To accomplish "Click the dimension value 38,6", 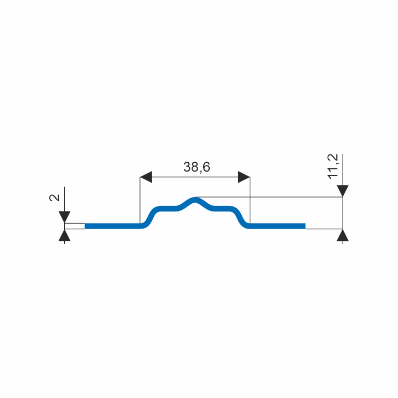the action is (197, 167).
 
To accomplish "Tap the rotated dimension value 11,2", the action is (333, 167).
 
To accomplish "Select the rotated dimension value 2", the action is (55, 198).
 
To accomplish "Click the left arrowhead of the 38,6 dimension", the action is (146, 177).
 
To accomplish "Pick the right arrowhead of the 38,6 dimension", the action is (244, 177).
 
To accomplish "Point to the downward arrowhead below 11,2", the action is (343, 191).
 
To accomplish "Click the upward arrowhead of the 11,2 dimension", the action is (343, 235).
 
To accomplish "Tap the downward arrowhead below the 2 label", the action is (64, 217).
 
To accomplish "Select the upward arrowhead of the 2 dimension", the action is (64, 235).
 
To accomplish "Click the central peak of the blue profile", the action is (195, 200).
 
